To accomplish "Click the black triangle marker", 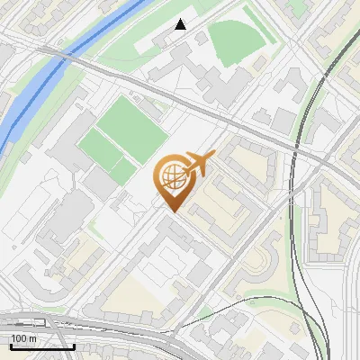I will tap(181, 24).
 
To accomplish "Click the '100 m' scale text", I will tap(23, 338).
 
